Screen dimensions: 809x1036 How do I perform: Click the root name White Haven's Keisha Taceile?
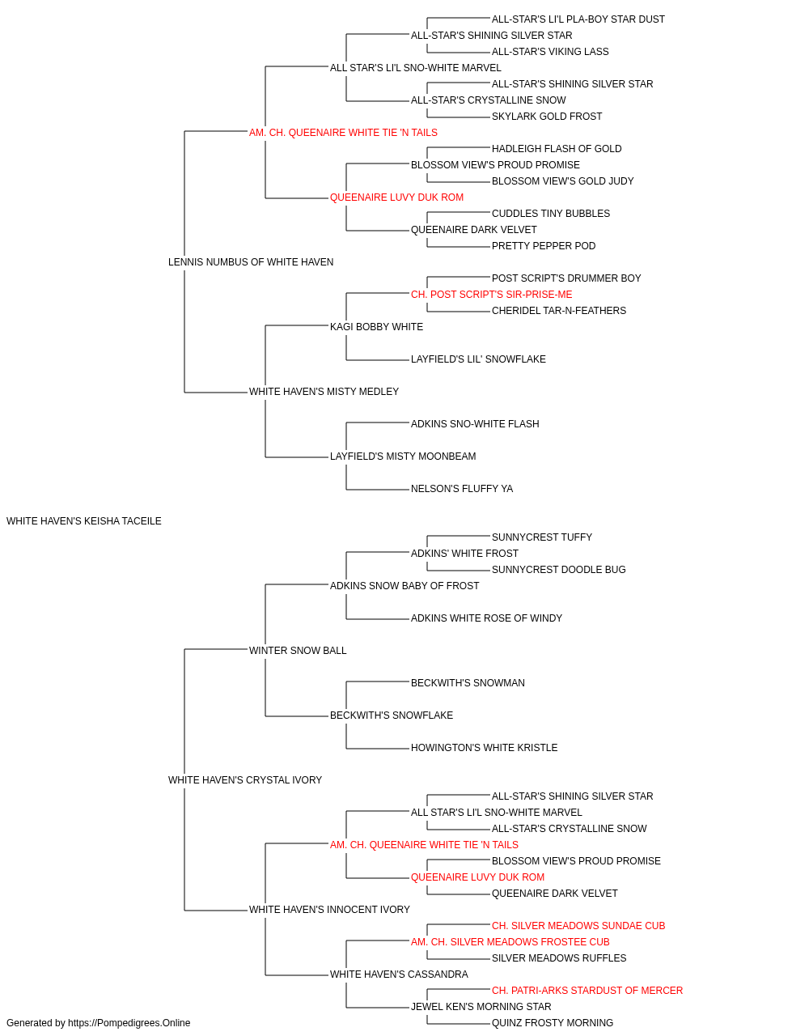tap(84, 521)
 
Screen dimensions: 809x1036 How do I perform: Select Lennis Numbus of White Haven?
tap(251, 262)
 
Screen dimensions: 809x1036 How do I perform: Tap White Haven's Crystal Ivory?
tap(245, 780)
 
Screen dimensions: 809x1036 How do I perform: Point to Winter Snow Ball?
tap(298, 651)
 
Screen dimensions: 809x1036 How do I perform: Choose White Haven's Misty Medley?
tap(324, 392)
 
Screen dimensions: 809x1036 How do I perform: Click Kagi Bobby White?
tap(376, 327)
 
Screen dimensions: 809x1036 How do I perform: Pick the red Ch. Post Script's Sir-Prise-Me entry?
tap(492, 295)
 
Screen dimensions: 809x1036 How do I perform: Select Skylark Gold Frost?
tap(547, 117)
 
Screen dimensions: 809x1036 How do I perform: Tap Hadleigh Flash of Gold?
tap(557, 149)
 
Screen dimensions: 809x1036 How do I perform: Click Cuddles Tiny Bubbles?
tap(551, 214)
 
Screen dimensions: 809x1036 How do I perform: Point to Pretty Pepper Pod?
tap(544, 246)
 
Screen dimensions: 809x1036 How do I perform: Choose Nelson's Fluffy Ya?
tap(462, 489)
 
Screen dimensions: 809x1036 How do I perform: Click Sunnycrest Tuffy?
tap(542, 537)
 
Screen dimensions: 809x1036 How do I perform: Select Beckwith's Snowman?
tap(468, 683)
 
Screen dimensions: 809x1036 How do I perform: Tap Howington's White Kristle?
tap(484, 748)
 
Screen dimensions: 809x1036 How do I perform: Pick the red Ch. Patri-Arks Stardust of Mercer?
tap(587, 991)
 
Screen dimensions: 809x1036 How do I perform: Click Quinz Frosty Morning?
tap(553, 1023)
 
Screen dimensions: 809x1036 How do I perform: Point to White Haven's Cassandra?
tap(400, 974)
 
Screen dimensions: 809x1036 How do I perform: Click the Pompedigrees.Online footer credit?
tap(98, 1023)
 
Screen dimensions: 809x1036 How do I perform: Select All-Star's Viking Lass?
tap(550, 52)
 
